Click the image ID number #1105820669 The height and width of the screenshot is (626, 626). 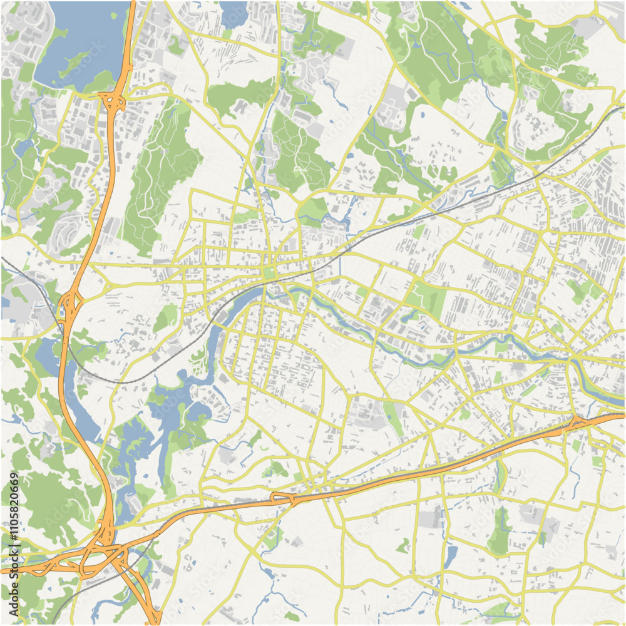tap(14, 506)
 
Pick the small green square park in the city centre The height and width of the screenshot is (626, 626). tap(270, 273)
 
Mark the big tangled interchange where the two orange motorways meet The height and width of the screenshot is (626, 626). tap(100, 551)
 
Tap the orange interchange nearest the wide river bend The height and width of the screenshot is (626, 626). tap(579, 423)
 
